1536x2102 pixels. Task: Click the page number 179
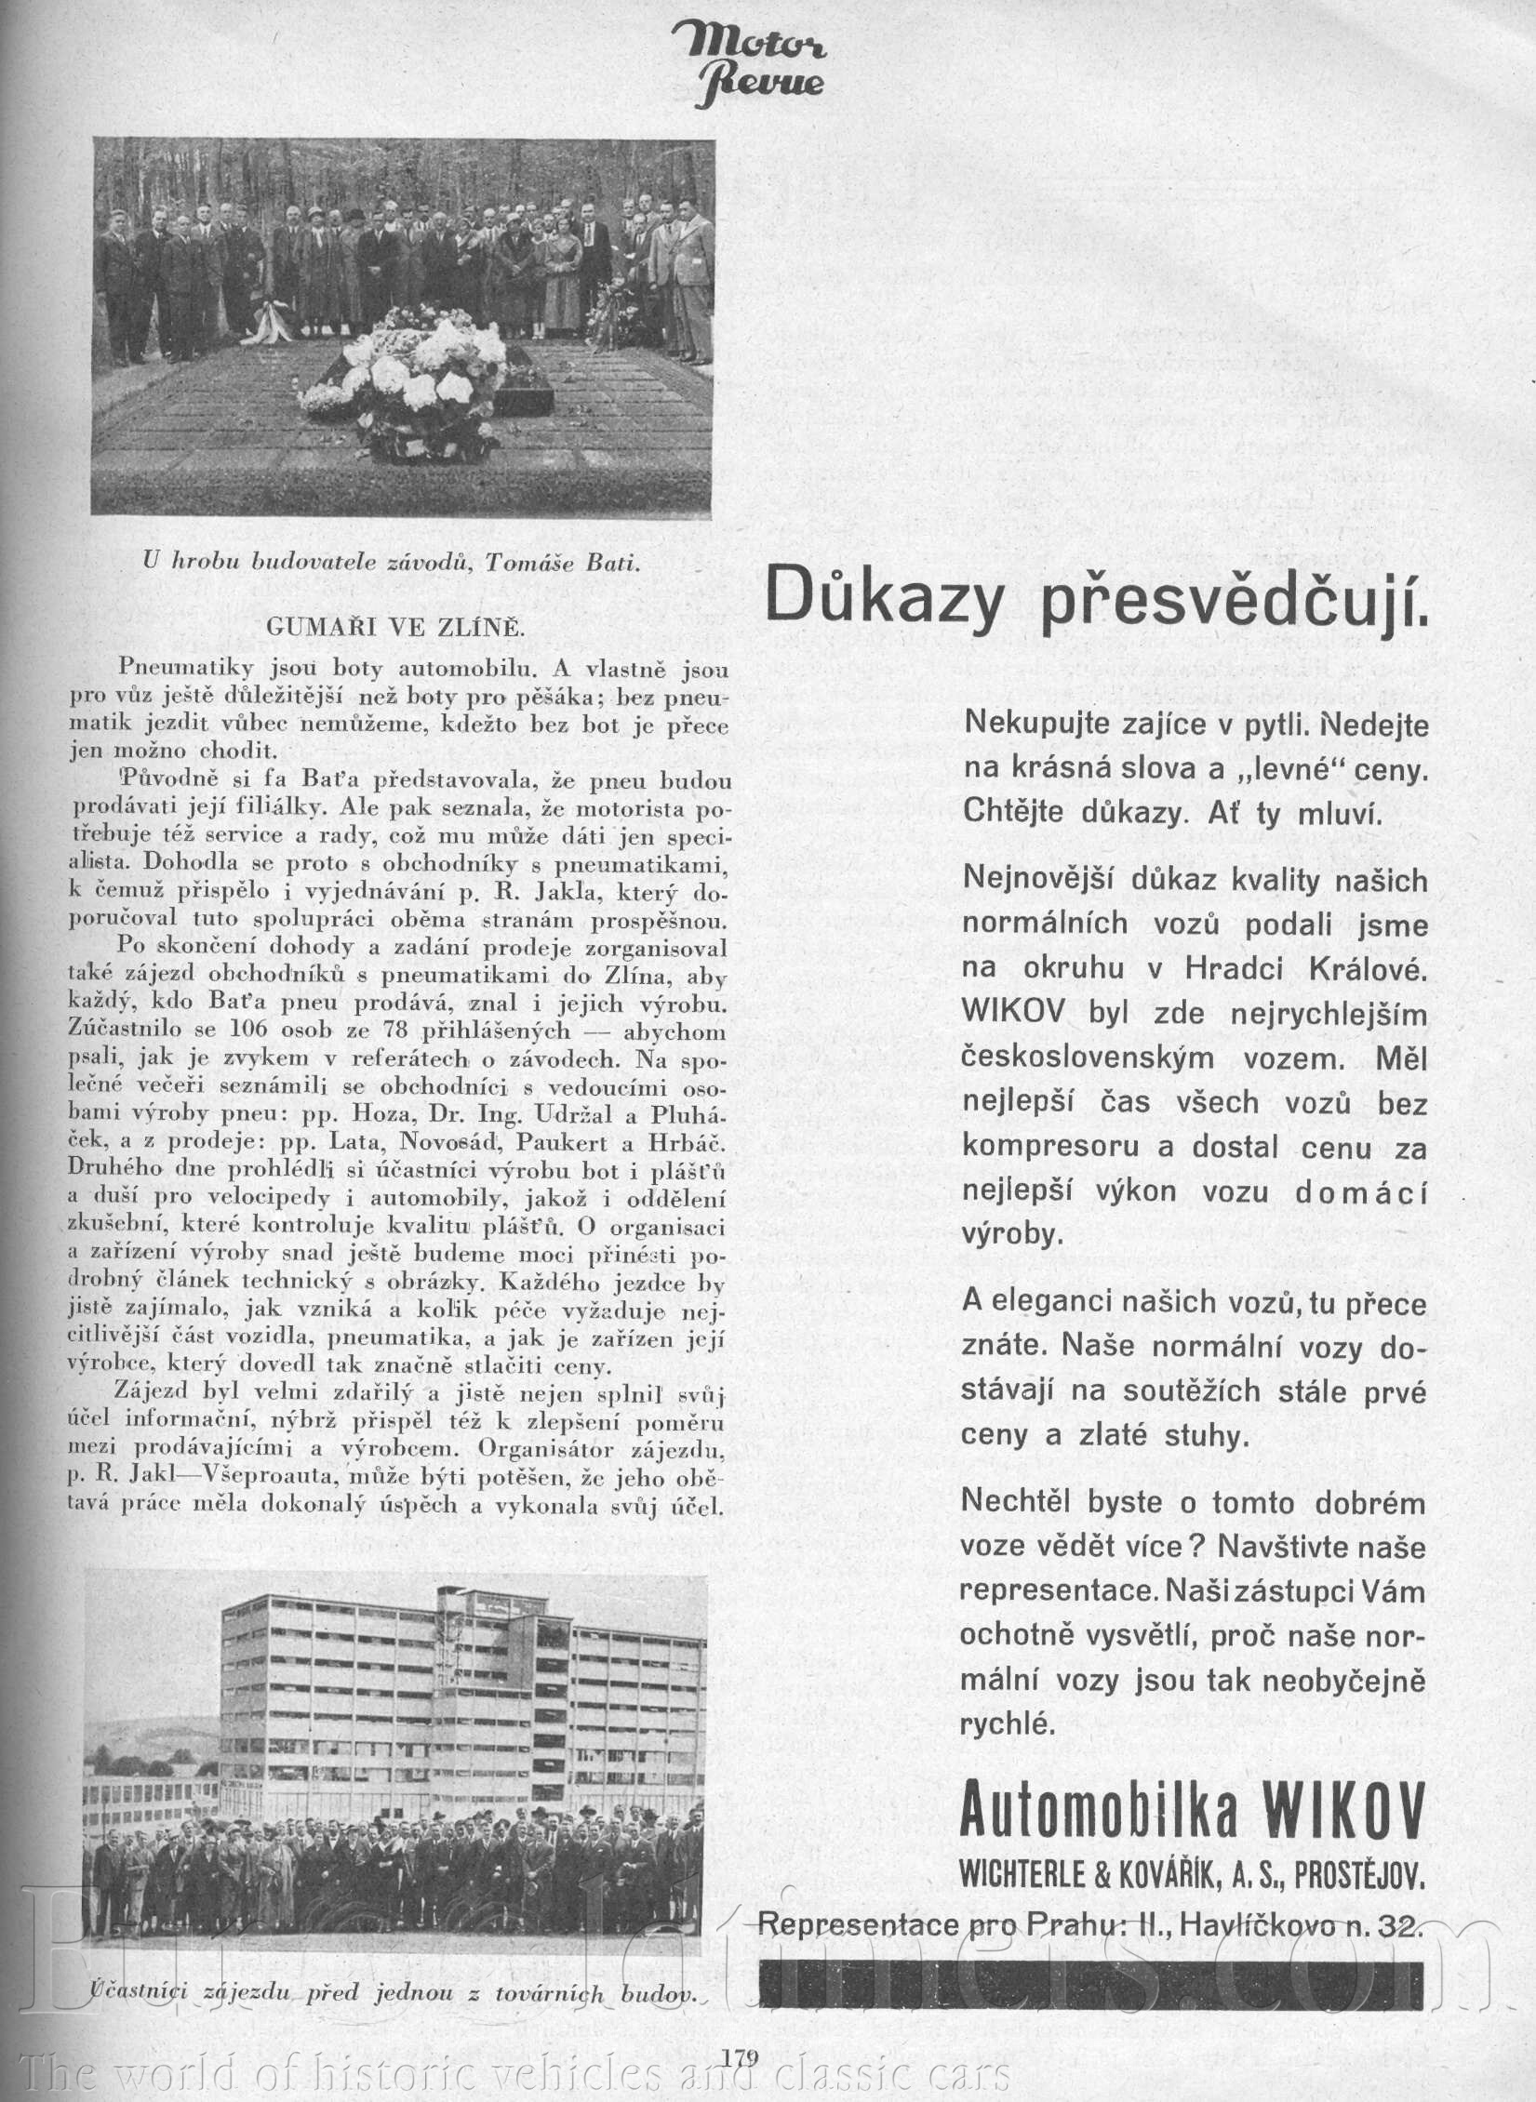coord(741,2052)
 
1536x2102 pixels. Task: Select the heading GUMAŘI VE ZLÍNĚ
coord(396,627)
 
